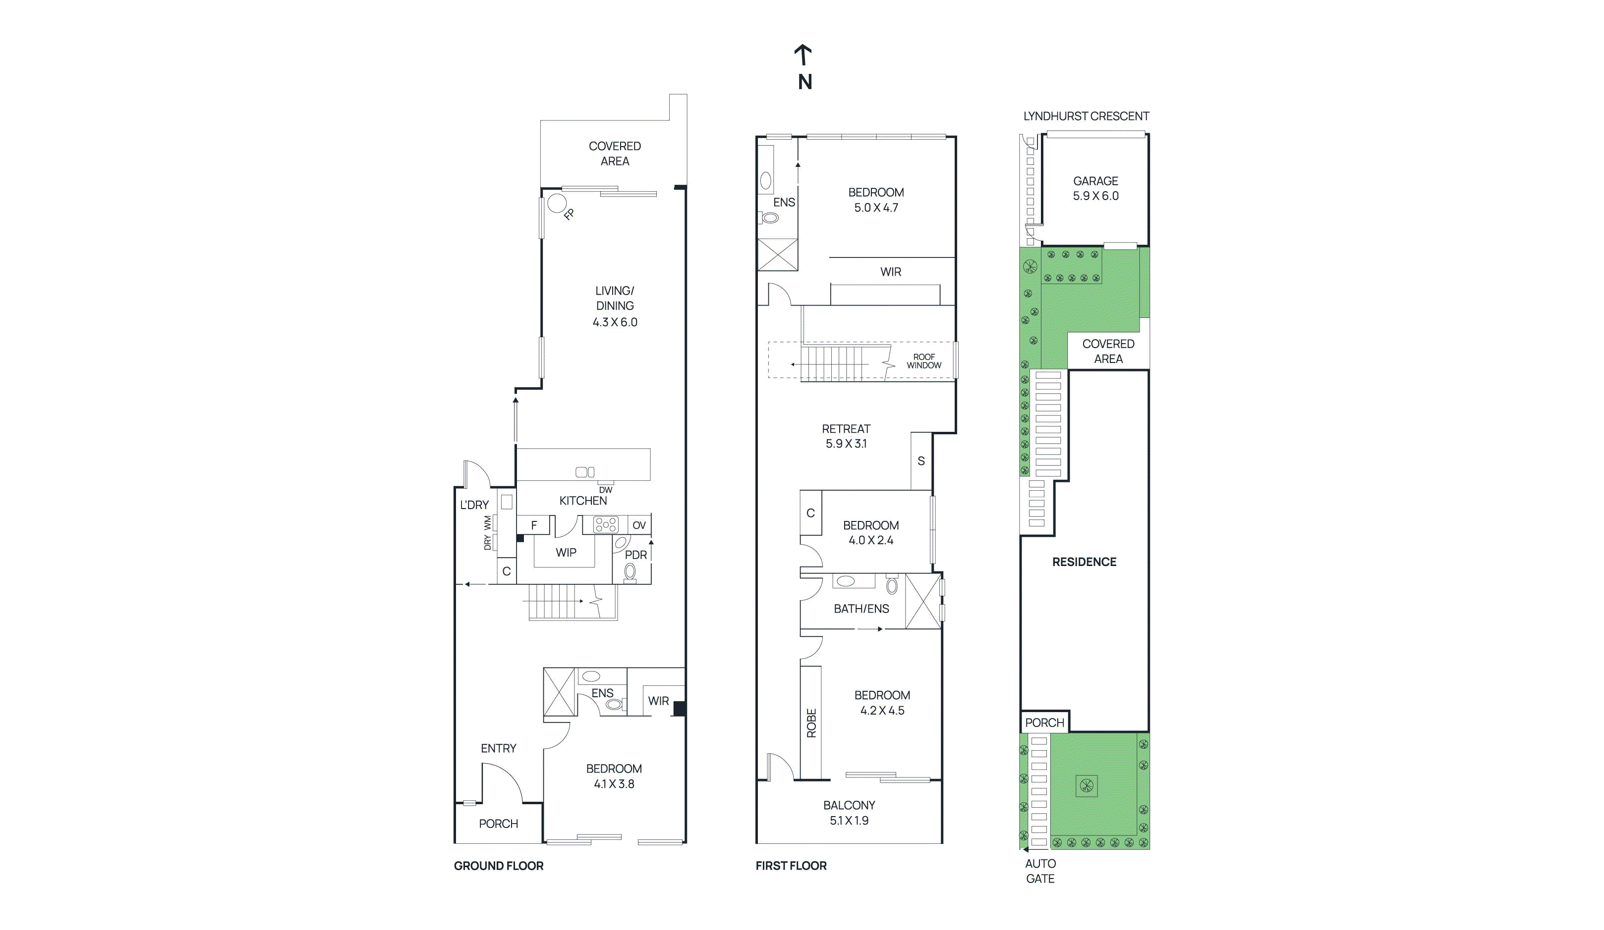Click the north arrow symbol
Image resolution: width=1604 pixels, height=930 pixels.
803,54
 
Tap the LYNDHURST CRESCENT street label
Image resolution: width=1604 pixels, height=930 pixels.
1086,116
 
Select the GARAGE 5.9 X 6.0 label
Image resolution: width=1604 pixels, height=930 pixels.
1095,188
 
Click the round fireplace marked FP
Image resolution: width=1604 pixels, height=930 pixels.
557,204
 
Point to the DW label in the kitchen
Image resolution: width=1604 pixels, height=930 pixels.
605,490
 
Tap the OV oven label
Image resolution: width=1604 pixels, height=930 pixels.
639,525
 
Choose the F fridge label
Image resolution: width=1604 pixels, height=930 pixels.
534,525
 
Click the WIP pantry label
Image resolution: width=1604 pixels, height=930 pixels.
566,553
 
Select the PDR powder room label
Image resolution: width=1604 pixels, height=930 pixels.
636,555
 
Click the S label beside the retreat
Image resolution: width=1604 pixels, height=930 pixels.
921,461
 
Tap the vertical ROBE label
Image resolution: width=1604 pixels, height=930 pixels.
811,723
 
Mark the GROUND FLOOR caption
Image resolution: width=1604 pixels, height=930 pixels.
498,866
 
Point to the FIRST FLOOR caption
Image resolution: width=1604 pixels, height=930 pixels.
791,866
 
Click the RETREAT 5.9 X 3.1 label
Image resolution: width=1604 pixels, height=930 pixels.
846,436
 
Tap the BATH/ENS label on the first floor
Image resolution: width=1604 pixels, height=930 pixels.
861,609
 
